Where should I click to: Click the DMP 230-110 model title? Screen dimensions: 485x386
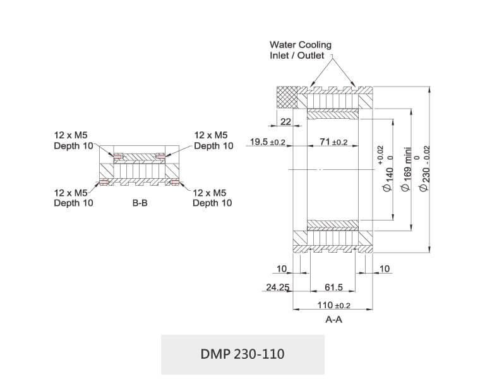[x=242, y=354]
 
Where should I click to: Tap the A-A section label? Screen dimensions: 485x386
[x=333, y=319]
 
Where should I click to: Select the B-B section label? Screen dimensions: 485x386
[x=140, y=203]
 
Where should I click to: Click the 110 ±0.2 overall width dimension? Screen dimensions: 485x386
[x=333, y=305]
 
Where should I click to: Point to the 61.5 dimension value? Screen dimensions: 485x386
[x=333, y=287]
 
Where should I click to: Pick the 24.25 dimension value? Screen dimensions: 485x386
[x=277, y=287]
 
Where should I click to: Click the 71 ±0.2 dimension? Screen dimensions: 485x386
[x=333, y=142]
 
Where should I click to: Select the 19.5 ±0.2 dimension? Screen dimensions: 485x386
[x=268, y=142]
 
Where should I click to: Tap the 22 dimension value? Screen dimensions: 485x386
[x=285, y=121]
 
